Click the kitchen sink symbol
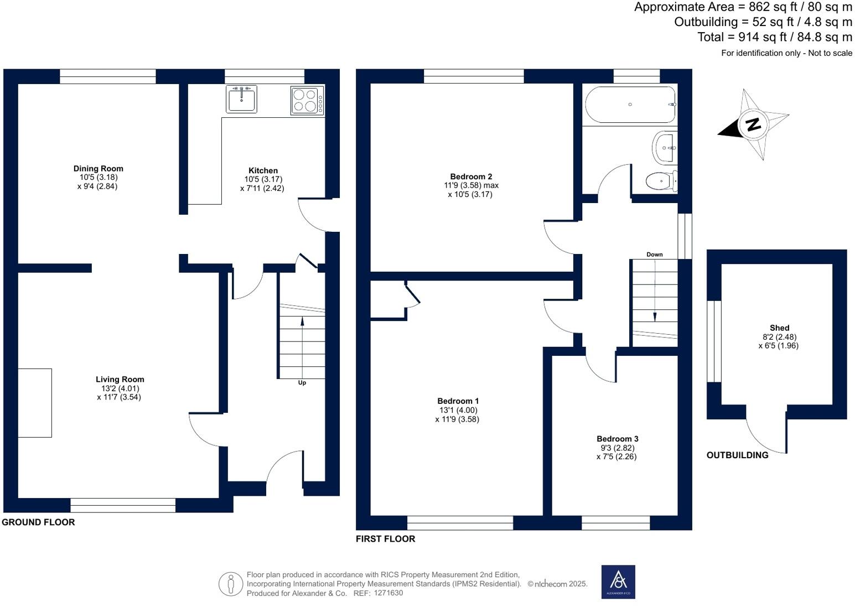[x=242, y=100]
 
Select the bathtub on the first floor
[x=630, y=105]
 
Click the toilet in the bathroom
[x=661, y=181]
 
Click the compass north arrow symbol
[x=753, y=124]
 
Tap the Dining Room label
[x=99, y=169]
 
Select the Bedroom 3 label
[x=618, y=439]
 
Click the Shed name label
[x=779, y=328]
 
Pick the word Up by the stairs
[x=302, y=382]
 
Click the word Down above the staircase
[x=655, y=255]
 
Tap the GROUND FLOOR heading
[x=38, y=522]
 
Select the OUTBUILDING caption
[x=737, y=455]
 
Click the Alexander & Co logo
[x=618, y=582]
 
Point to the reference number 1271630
[x=388, y=593]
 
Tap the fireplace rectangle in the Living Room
[x=35, y=403]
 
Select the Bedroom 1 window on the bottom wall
[x=460, y=522]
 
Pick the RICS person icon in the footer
[x=230, y=584]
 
